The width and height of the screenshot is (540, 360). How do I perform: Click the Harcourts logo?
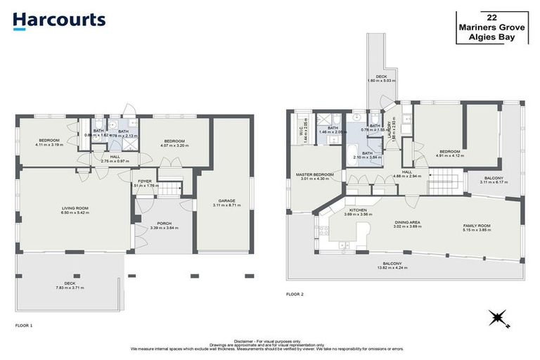click(59, 20)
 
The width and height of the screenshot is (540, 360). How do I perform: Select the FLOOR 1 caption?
click(24, 326)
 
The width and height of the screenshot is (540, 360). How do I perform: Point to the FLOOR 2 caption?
click(295, 294)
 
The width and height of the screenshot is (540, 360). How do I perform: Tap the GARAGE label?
click(226, 201)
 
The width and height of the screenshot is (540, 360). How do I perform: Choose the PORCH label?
click(164, 224)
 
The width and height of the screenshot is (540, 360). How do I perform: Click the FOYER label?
click(145, 181)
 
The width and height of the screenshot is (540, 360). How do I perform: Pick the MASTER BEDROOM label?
click(314, 174)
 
